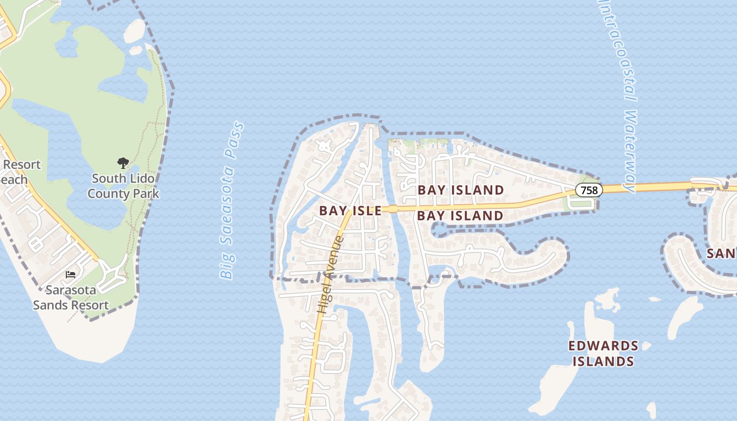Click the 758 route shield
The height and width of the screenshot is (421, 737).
pyautogui.click(x=589, y=190)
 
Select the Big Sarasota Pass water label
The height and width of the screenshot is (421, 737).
pyautogui.click(x=232, y=201)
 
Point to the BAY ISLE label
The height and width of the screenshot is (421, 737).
pyautogui.click(x=350, y=211)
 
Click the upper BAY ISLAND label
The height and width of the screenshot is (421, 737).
pyautogui.click(x=461, y=190)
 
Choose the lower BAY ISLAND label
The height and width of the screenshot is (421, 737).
pyautogui.click(x=461, y=215)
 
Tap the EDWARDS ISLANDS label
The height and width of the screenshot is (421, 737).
pyautogui.click(x=603, y=354)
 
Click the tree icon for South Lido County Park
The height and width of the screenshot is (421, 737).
pyautogui.click(x=123, y=163)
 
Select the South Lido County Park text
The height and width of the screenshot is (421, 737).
pyautogui.click(x=123, y=186)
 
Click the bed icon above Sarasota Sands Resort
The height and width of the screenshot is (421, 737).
pyautogui.click(x=70, y=274)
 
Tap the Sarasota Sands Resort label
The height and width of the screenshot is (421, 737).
pyautogui.click(x=71, y=297)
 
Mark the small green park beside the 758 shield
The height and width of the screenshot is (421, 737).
pyautogui.click(x=574, y=202)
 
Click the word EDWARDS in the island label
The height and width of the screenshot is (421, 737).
pyautogui.click(x=603, y=346)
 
